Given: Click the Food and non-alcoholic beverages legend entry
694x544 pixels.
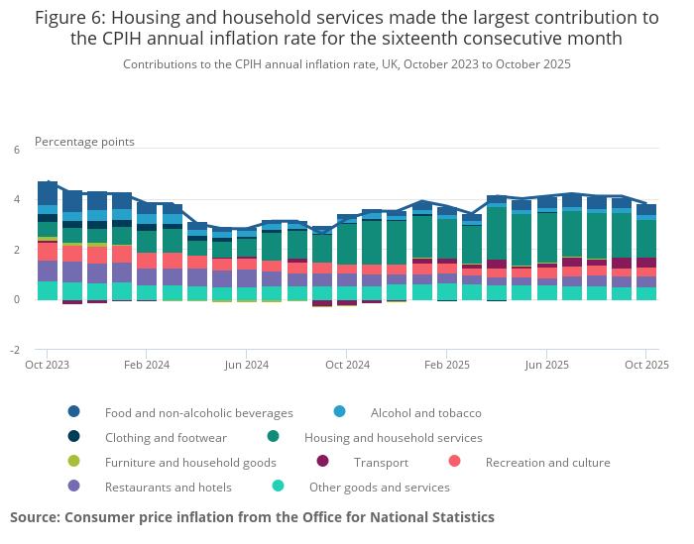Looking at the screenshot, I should click(x=198, y=412).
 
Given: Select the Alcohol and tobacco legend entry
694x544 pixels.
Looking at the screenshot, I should click(x=425, y=412).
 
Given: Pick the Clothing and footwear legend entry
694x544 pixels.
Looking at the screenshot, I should click(x=166, y=437).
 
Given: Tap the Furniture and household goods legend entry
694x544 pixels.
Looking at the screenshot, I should click(x=190, y=462).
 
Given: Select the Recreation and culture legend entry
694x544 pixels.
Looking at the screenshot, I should click(x=547, y=462).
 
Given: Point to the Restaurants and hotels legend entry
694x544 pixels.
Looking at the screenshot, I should click(x=168, y=487).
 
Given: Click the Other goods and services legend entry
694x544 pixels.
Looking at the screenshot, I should click(x=379, y=487).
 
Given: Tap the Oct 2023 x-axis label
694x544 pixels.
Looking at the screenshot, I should click(x=48, y=365).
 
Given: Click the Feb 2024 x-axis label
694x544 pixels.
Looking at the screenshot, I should click(x=147, y=365).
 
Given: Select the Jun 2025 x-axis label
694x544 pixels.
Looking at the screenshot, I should click(x=546, y=365).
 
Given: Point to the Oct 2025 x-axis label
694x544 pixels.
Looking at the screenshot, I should click(x=645, y=365).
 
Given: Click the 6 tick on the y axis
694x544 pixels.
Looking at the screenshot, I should click(x=16, y=150).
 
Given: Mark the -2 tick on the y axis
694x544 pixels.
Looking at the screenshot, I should click(x=14, y=350).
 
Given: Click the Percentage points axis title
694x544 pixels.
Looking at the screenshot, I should click(x=84, y=142).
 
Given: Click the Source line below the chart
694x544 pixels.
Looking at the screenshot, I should click(x=252, y=517).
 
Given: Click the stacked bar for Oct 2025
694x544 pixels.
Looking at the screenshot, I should click(x=645, y=252).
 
